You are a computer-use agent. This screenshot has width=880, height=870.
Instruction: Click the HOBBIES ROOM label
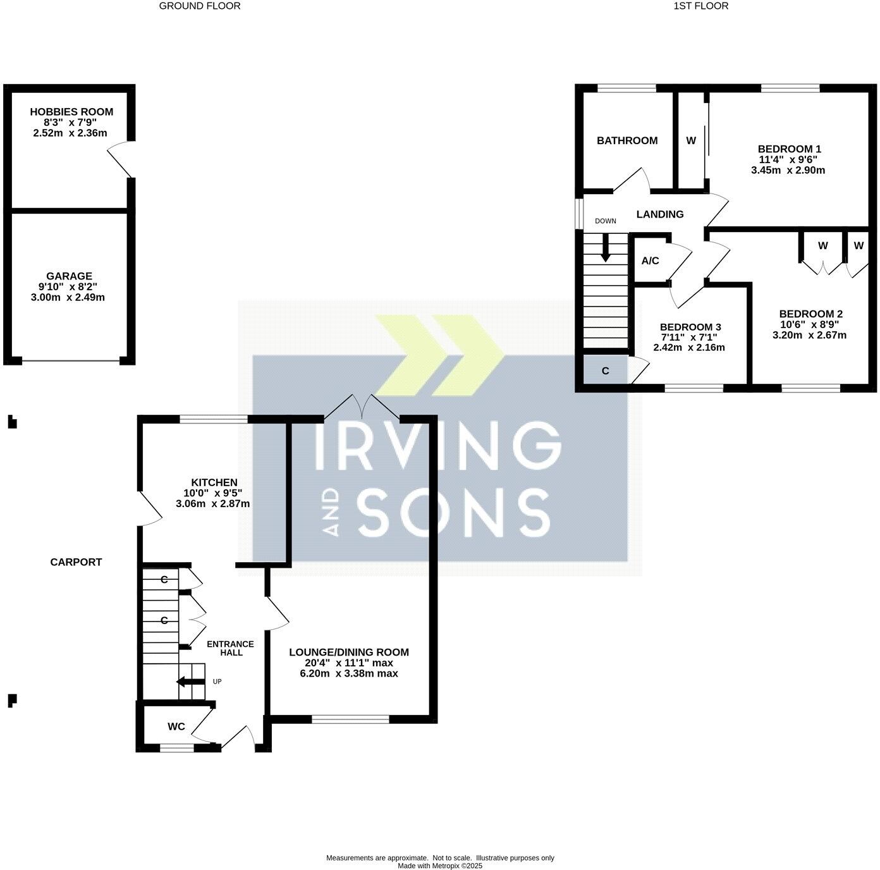tap(71, 112)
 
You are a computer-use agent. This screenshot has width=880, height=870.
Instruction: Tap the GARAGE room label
tap(69, 276)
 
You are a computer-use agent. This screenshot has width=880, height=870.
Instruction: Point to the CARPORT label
tap(76, 562)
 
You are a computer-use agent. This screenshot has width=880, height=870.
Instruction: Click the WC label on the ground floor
tap(176, 727)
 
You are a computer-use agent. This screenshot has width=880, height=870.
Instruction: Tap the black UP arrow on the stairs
tap(190, 682)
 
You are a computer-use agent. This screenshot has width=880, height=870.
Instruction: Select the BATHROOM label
tap(627, 141)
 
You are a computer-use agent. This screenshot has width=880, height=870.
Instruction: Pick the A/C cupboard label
tap(651, 261)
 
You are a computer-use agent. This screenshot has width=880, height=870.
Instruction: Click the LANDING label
tap(660, 214)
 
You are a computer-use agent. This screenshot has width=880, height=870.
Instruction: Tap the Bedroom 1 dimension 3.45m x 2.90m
tap(788, 170)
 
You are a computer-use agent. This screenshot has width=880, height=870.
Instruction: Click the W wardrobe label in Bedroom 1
tap(691, 141)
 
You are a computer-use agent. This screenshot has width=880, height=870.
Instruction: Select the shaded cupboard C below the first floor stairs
tap(605, 371)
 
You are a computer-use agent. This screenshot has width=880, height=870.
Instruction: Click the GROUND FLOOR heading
tap(200, 6)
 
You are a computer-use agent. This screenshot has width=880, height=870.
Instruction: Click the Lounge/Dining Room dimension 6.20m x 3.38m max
tap(349, 674)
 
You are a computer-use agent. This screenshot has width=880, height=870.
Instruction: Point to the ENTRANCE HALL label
tap(231, 648)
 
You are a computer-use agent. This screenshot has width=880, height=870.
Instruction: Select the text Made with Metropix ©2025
tap(440, 866)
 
